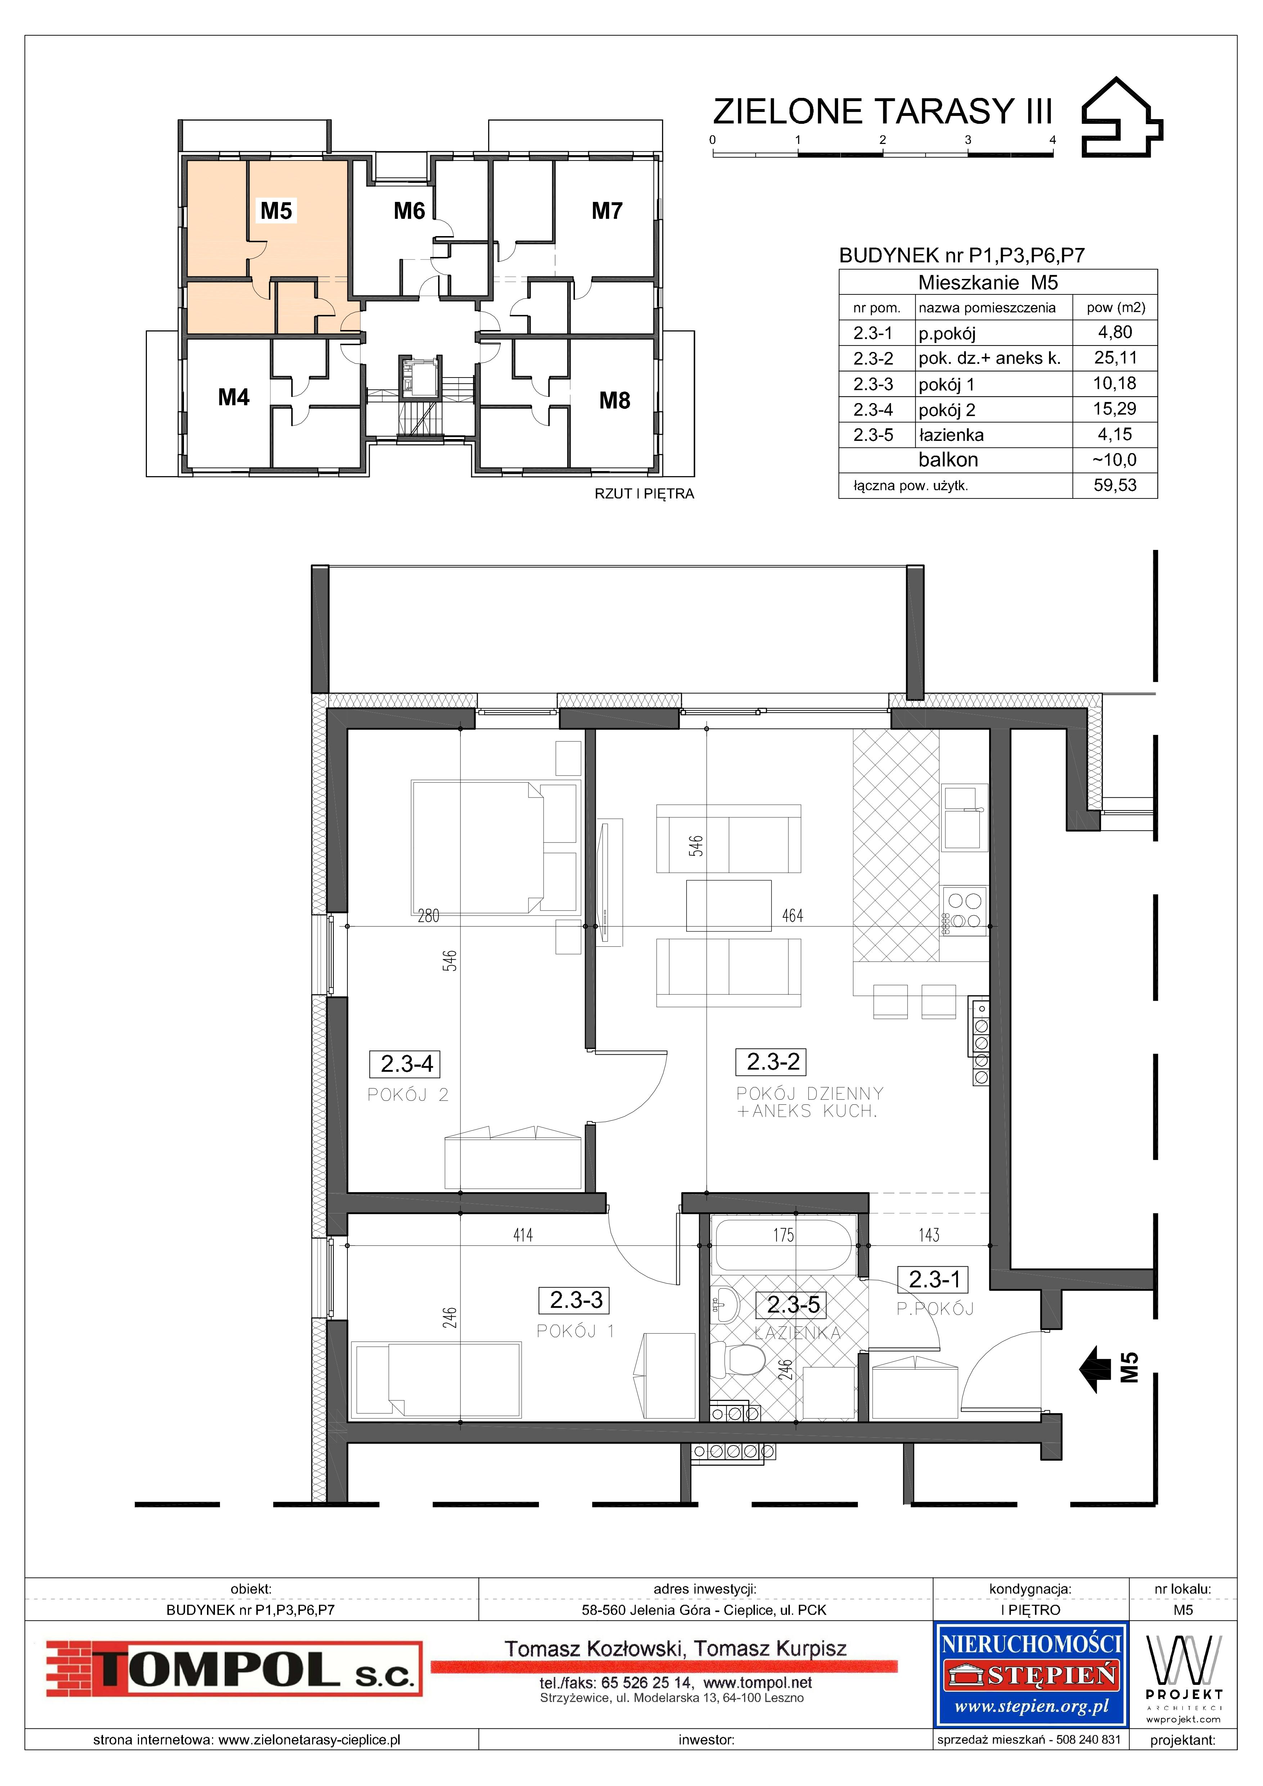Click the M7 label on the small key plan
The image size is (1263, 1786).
coord(607,211)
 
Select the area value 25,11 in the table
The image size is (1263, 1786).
coord(1115,358)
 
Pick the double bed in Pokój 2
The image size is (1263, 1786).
coord(496,847)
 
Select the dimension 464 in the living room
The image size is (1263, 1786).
coord(792,915)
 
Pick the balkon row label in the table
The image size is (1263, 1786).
coord(948,460)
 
